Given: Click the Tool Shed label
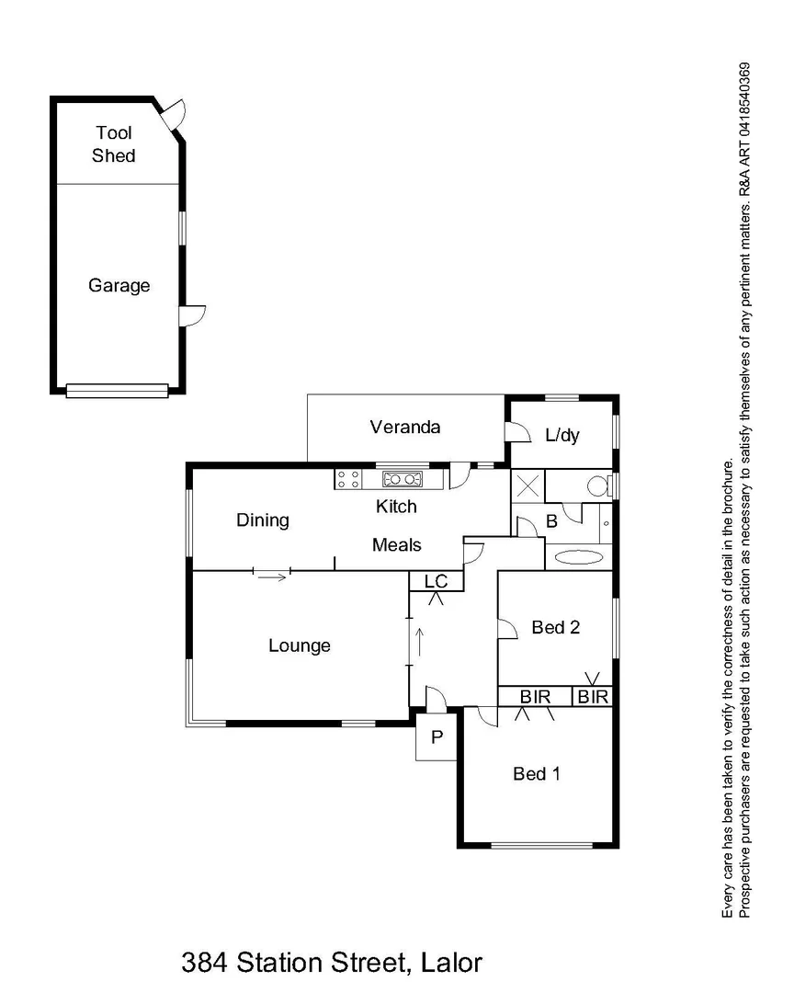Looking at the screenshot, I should coord(113,145).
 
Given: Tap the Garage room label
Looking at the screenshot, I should coord(119,286).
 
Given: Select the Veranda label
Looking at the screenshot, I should coord(405,427).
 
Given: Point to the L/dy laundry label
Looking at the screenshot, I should coord(562,436).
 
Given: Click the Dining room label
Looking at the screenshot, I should coord(263,520).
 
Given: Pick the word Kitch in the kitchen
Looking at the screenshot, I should coord(396,507).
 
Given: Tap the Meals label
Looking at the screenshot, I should coord(396,545).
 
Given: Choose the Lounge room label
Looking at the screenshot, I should coord(299,645).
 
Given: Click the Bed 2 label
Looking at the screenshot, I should coord(556,628).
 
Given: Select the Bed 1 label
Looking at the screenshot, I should coord(536,774).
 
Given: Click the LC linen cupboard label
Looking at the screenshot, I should coord(436,582).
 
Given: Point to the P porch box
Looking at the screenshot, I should coord(437,737).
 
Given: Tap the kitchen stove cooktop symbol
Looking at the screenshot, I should coord(348,478).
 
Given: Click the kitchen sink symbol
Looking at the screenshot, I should coord(403,478).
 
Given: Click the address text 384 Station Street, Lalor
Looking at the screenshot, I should coord(331,964).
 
